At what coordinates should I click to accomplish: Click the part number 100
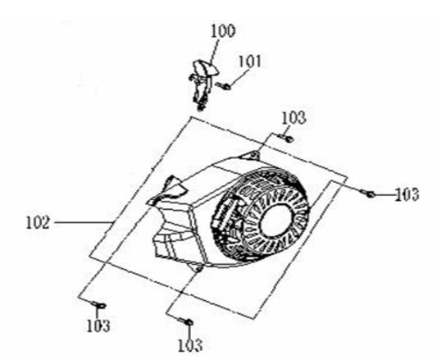coord(223,30)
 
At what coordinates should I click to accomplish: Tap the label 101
coord(250,61)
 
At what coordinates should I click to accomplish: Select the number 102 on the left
coord(38,222)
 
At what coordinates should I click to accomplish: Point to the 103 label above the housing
coord(294,117)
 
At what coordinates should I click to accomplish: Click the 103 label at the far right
coord(407,194)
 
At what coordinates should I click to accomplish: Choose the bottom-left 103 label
coord(98,325)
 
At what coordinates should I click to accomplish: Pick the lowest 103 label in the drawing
coord(190,345)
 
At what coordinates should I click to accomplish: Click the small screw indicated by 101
coord(225,85)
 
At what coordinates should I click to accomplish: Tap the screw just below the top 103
coord(286,137)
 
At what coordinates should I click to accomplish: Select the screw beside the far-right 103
coord(367,194)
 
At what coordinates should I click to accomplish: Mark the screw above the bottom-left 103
coord(98,304)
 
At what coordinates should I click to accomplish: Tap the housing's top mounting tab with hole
coord(251,155)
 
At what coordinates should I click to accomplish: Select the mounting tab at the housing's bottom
coord(197,267)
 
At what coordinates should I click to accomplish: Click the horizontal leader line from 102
coord(83,222)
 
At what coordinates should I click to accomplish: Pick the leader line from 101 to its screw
coord(239,76)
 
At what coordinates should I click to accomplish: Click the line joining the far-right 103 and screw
coord(385,194)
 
